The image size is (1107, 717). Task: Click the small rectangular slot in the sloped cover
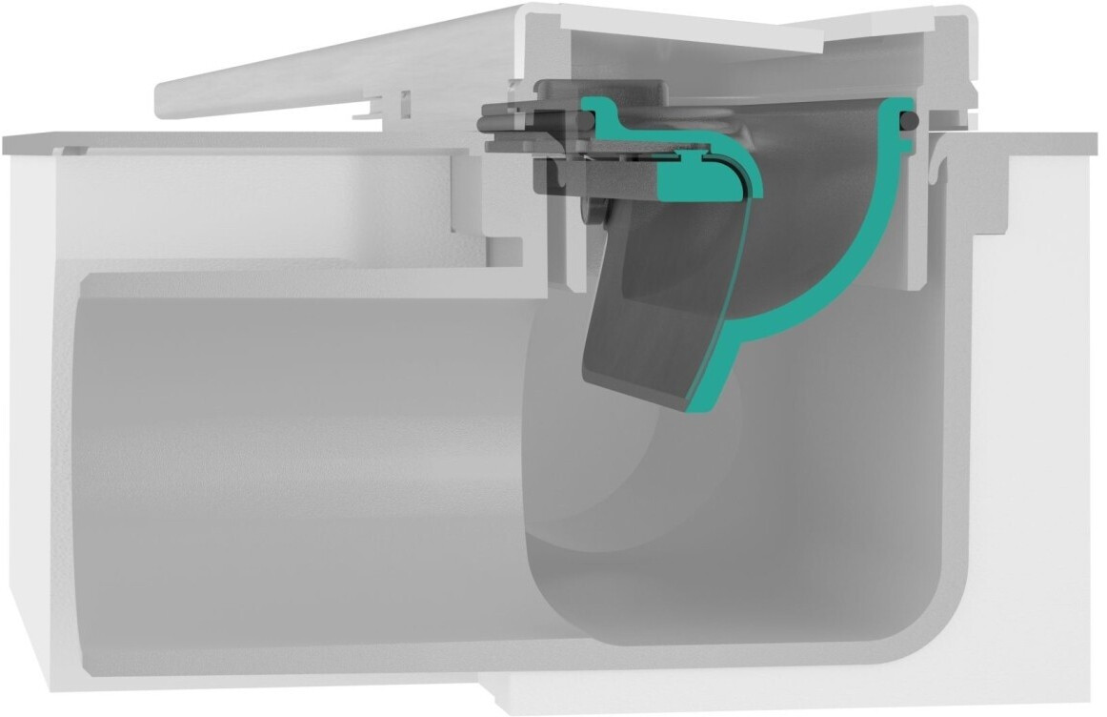(405, 100)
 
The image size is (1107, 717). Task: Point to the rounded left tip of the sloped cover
(162, 98)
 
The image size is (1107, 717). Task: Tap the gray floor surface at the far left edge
(29, 143)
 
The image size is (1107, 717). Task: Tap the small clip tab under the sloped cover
(367, 112)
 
